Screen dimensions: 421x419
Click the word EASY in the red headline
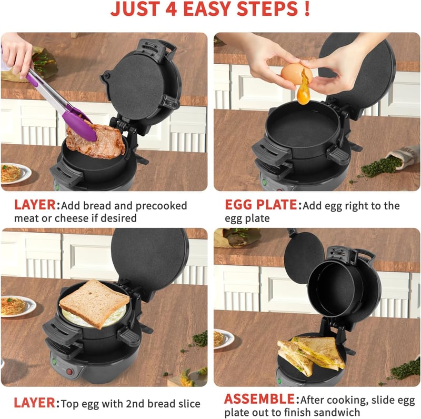click(206, 9)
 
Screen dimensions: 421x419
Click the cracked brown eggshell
click(296, 73)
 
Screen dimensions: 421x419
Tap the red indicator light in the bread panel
click(69, 372)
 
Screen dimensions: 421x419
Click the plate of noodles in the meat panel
click(15, 173)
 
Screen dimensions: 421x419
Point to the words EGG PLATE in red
click(260, 205)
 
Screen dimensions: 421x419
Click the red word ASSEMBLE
click(259, 399)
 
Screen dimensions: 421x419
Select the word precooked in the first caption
click(161, 206)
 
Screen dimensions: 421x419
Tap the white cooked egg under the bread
click(94, 317)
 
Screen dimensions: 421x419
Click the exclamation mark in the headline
click(307, 9)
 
